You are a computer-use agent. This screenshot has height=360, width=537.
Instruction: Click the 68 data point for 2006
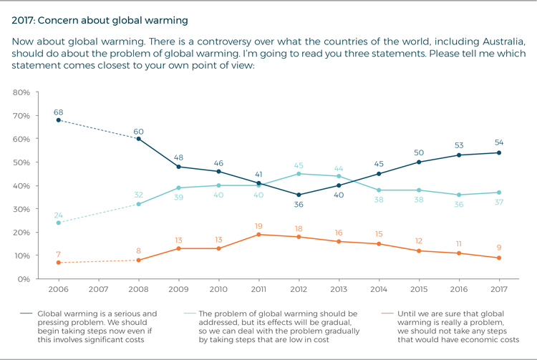click(x=58, y=120)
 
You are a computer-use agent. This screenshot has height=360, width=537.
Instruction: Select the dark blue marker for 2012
click(x=298, y=195)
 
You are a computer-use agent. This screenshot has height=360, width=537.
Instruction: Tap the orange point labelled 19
click(x=258, y=234)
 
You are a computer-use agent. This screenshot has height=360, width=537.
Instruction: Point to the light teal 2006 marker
click(x=58, y=223)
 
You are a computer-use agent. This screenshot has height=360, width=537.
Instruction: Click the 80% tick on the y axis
click(x=21, y=92)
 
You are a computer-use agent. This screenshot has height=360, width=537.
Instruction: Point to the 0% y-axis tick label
click(x=24, y=279)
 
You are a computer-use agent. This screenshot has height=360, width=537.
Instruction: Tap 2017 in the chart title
click(x=23, y=20)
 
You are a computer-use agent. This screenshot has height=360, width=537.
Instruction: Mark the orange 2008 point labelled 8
click(x=138, y=260)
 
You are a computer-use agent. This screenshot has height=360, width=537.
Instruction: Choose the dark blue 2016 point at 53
click(x=458, y=155)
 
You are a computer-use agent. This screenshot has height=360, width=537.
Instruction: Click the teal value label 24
click(x=58, y=213)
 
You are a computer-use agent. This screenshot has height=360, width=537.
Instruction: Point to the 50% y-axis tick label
click(x=21, y=162)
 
